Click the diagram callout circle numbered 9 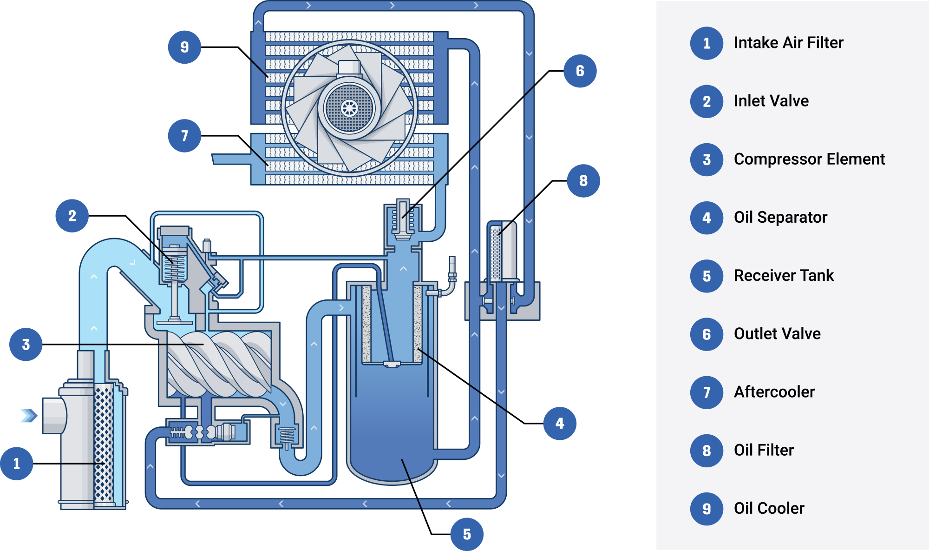point(184,47)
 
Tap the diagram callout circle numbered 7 point(184,136)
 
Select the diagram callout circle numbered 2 point(72,216)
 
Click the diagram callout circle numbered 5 point(467,534)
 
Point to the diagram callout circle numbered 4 point(560,423)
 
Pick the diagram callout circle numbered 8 point(583,180)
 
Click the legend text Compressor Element point(809,159)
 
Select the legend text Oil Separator point(780,217)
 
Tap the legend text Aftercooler point(774,392)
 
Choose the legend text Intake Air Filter point(788,43)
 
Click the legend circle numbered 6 point(707,334)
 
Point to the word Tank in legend point(820,275)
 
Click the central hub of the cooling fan point(349,108)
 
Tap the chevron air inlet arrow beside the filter point(29,415)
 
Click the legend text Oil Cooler point(769,508)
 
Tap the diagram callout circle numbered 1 point(17,463)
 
